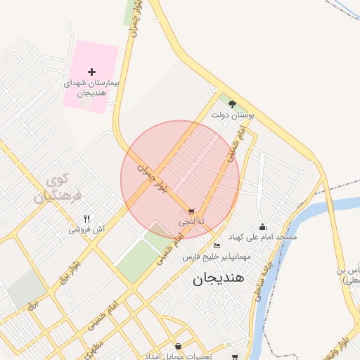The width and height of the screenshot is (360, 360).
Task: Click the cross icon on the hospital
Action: [91, 71]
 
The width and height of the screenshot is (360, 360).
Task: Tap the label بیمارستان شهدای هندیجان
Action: [91, 87]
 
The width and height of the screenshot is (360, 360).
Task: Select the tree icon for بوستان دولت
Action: [232, 103]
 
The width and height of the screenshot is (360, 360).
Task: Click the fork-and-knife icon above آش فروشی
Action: [87, 219]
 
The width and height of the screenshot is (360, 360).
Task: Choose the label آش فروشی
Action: [86, 229]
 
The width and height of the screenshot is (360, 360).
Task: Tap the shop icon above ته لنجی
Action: [191, 211]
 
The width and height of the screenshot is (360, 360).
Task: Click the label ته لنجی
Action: [191, 221]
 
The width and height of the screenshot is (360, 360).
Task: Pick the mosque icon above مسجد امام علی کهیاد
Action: [262, 226]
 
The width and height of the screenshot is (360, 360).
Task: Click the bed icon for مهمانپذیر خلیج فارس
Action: [217, 246]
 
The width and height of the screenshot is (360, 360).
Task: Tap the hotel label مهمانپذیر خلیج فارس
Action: [217, 257]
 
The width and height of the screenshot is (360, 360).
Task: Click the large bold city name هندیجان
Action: [218, 278]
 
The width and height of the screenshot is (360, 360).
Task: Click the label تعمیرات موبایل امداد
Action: [179, 356]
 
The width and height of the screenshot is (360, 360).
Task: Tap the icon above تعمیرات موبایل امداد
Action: [178, 346]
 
